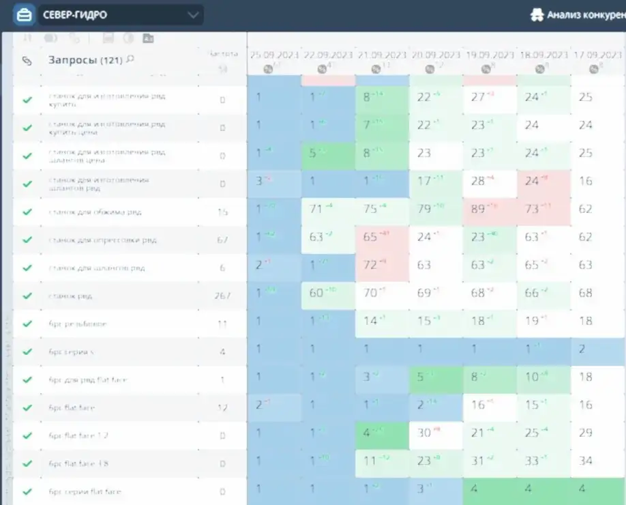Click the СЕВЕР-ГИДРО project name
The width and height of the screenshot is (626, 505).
[x=74, y=14]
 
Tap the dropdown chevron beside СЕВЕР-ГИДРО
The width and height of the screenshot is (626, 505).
[x=194, y=14]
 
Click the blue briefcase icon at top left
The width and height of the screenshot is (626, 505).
[x=24, y=14]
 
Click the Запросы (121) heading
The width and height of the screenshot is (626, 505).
[x=85, y=60]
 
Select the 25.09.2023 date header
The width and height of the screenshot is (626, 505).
[x=273, y=55]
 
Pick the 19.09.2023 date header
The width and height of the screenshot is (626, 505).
[x=489, y=55]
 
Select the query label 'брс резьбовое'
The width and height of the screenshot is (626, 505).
[x=78, y=324]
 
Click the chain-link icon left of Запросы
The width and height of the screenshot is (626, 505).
[x=27, y=61]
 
